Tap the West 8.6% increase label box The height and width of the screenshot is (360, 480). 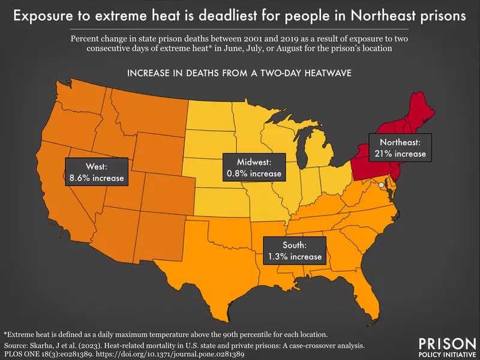coord(96,172)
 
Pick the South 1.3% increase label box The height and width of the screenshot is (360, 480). coord(294,250)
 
